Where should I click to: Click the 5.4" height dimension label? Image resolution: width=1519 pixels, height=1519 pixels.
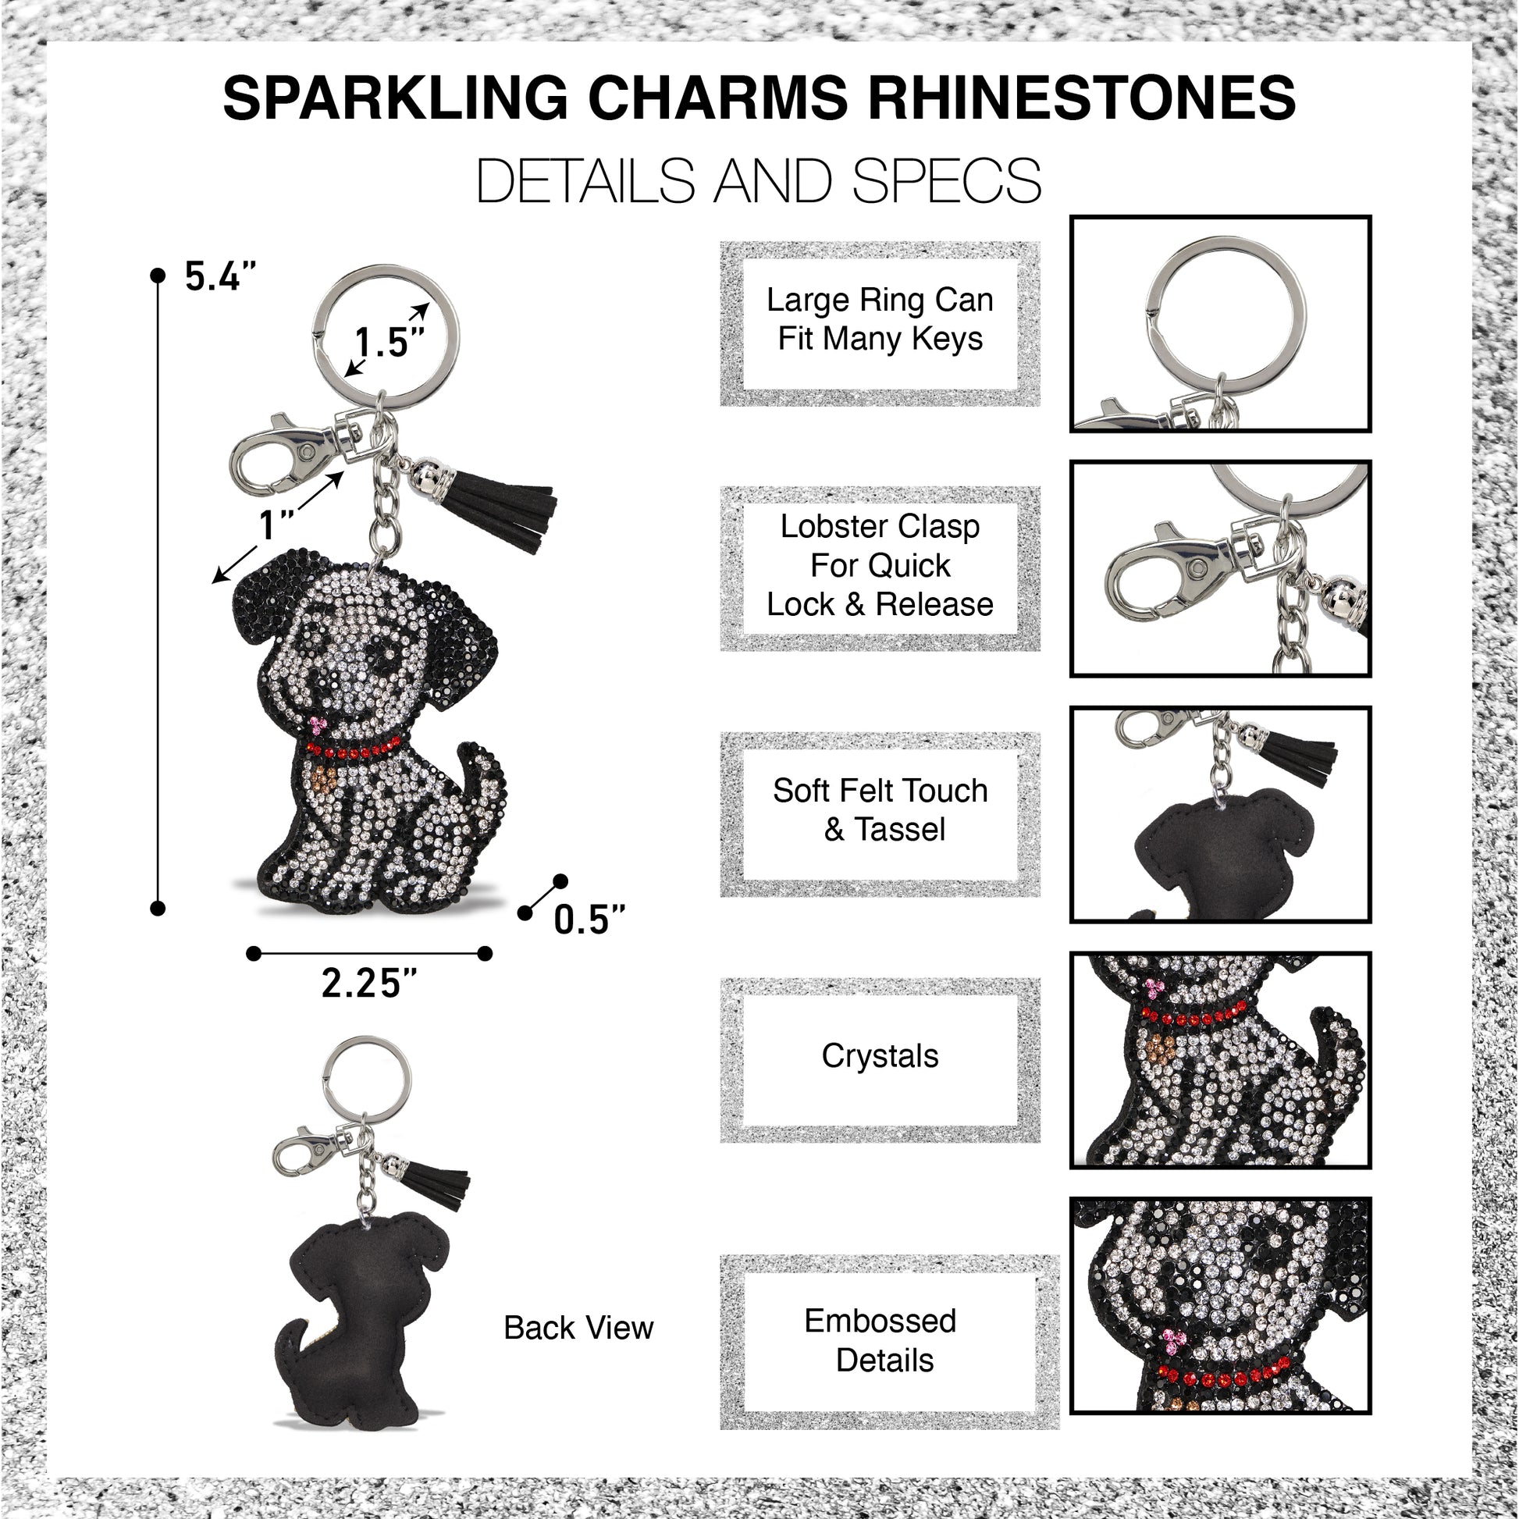coord(220,277)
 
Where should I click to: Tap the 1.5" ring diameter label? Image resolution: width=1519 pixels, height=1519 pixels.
coord(389,343)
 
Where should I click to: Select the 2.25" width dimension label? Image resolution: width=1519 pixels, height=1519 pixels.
coord(368,983)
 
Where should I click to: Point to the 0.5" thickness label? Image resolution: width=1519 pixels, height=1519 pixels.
coord(589,920)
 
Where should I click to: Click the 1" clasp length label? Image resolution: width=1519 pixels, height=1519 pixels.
coord(277,525)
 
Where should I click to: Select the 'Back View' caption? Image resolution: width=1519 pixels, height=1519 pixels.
coord(578,1328)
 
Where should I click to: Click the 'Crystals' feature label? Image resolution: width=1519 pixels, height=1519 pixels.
coord(880,1056)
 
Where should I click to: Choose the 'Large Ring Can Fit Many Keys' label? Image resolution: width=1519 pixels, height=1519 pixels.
coord(880,319)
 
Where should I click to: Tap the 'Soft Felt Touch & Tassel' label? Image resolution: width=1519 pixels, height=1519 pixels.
coord(880,809)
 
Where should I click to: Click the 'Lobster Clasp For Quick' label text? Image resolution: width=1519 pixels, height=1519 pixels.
coord(880,546)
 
